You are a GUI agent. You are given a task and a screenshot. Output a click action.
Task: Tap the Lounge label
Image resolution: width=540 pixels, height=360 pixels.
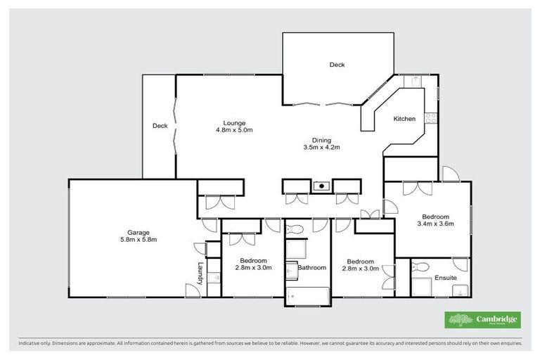pos(234,123)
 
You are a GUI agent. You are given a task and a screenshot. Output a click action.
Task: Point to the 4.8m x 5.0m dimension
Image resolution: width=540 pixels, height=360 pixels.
pos(234,130)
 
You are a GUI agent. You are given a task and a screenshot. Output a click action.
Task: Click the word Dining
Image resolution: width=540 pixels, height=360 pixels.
pos(321,140)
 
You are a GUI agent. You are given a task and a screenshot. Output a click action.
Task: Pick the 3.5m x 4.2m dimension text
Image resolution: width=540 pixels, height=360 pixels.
pos(321,148)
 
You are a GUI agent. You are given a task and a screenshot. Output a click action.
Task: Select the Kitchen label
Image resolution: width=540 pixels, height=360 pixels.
pos(404,119)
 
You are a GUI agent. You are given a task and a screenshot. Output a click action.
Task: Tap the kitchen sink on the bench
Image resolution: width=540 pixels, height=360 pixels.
pos(416,82)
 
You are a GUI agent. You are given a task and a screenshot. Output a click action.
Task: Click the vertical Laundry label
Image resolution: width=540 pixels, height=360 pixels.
pos(200,274)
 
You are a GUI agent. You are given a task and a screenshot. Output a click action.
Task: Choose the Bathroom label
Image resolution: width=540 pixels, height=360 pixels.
pos(311,268)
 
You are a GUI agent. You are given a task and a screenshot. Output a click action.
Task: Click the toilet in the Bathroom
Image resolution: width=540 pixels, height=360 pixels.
pos(296,229)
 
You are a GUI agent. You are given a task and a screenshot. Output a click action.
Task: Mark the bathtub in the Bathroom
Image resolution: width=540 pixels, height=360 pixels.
pos(308,296)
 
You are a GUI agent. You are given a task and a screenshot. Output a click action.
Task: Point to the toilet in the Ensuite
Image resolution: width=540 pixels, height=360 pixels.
pos(420,267)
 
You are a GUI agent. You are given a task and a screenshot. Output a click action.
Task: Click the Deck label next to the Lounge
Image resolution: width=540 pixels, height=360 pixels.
pos(160,126)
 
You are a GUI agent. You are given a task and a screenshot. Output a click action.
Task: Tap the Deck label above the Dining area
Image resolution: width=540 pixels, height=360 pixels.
pos(337,65)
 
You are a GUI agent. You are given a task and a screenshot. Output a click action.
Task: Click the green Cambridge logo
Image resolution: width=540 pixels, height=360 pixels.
pos(482,320)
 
